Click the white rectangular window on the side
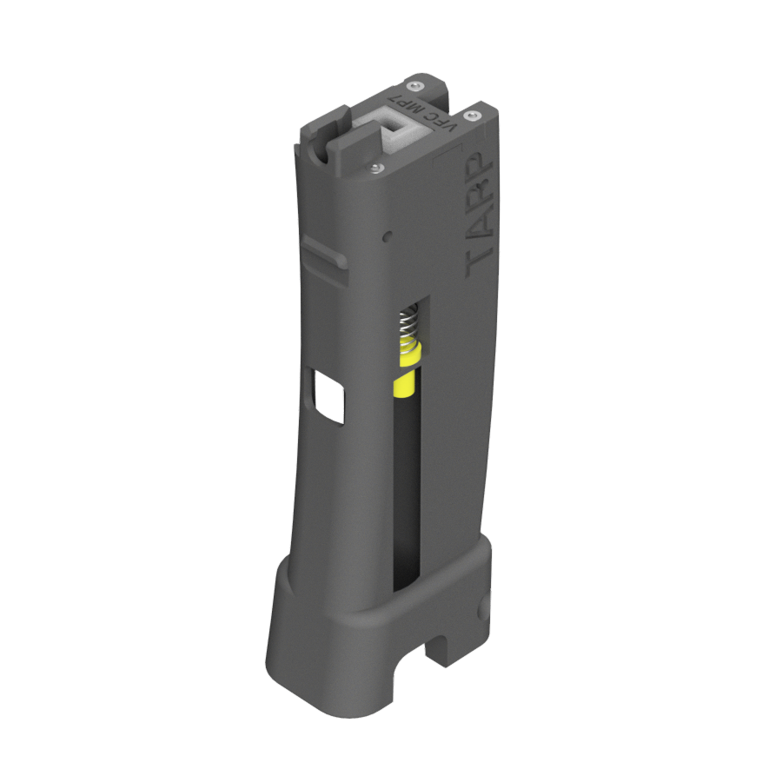click(329, 396)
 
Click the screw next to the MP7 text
click(416, 86)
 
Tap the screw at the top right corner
click(473, 116)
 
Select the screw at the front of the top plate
click(375, 169)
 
